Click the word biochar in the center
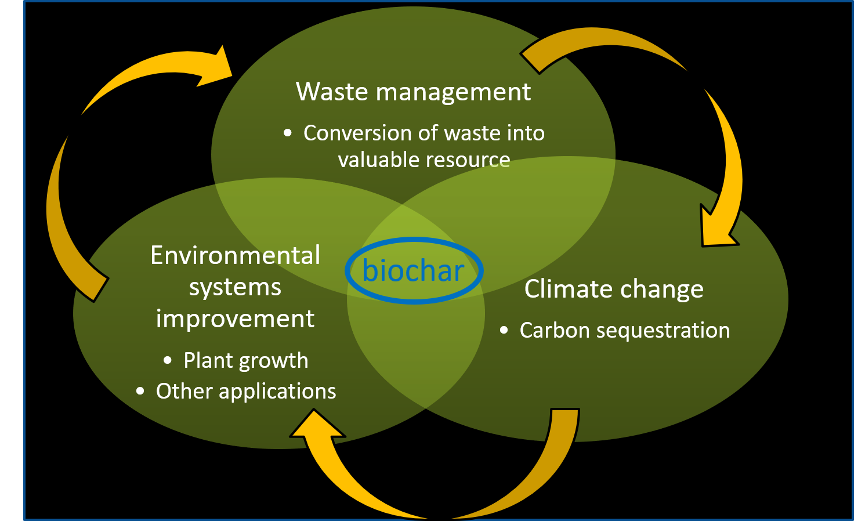[413, 270]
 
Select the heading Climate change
[614, 290]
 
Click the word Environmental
[235, 255]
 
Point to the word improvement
[235, 319]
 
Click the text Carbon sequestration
[625, 331]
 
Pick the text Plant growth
[246, 361]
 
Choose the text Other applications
[246, 392]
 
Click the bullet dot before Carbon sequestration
[504, 330]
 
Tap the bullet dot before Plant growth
[167, 360]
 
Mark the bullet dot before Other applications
[140, 391]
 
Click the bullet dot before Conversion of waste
[287, 133]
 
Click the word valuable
[379, 160]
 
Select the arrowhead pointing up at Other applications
[317, 425]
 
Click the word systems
[235, 288]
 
